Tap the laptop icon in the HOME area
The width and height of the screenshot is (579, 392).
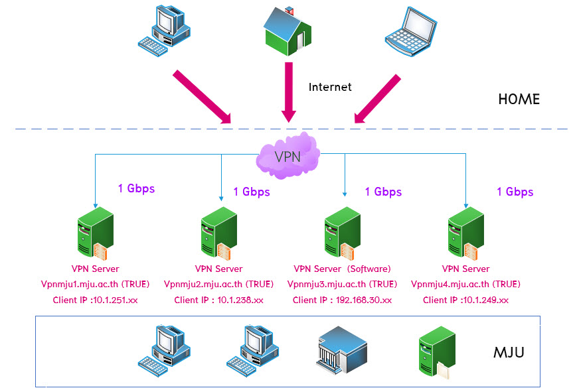(x=411, y=32)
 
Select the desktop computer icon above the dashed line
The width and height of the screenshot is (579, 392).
(x=164, y=31)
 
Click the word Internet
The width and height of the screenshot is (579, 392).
(x=330, y=87)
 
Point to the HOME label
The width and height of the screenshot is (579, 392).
(x=519, y=99)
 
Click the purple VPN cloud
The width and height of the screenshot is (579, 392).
(x=288, y=156)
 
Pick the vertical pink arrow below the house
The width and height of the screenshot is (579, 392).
(x=289, y=92)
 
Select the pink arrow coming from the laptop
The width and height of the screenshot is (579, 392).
(x=377, y=99)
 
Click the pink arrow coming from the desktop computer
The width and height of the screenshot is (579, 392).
(x=202, y=97)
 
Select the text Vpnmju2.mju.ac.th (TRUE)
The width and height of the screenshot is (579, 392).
(x=218, y=285)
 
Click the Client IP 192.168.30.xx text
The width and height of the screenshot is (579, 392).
(x=342, y=300)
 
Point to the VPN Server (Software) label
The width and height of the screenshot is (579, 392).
(x=342, y=269)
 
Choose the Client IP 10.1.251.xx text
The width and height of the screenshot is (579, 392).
(x=95, y=300)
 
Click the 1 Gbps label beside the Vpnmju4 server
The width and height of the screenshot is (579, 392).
(x=515, y=192)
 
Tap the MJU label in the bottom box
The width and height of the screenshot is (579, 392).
(x=509, y=353)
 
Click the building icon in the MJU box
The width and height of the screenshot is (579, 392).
(x=341, y=350)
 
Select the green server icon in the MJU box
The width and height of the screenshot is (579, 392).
(x=437, y=353)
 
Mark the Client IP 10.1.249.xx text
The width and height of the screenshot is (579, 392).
(x=465, y=300)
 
